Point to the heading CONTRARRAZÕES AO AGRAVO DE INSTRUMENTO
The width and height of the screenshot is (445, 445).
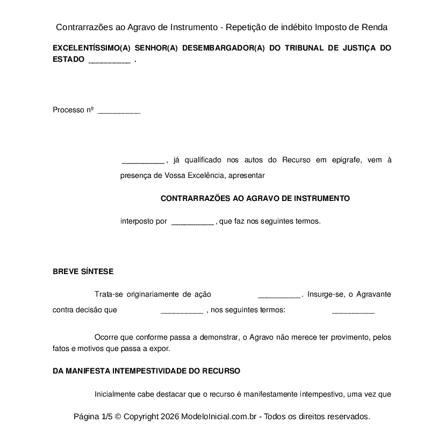(x=255, y=198)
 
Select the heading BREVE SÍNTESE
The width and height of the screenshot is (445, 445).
(x=83, y=271)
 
